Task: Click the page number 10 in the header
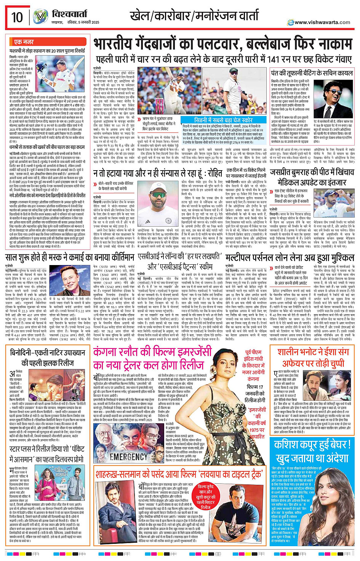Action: (x=17, y=17)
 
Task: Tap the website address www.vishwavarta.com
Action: (x=322, y=22)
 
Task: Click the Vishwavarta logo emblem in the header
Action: (x=40, y=16)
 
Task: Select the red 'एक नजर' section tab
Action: (x=24, y=42)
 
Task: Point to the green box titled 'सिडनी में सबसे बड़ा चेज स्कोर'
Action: (x=223, y=120)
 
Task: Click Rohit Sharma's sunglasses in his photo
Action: (x=158, y=195)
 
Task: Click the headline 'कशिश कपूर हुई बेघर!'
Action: (x=312, y=444)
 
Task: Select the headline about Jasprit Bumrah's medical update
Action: (x=312, y=176)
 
